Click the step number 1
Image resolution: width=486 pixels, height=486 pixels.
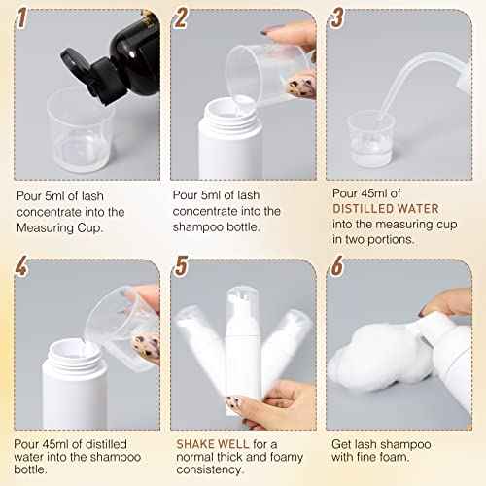pos(22,18)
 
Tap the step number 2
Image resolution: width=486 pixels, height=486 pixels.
pos(180,18)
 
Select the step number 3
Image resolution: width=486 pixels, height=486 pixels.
pos(337,18)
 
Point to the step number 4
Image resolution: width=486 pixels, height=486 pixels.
pos(22,267)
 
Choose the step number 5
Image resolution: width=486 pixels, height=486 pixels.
pos(180,267)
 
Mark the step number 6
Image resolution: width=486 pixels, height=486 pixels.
pos(337,267)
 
